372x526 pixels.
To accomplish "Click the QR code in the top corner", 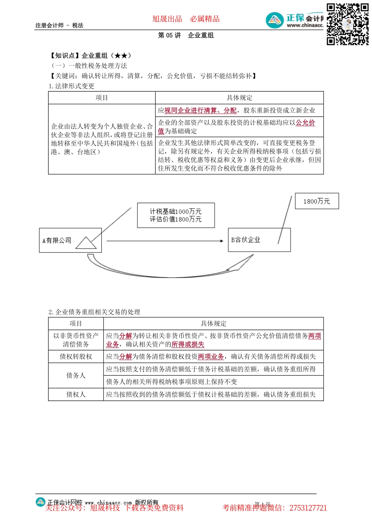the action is (x=347, y=24).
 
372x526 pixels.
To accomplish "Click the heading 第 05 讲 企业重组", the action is (x=186, y=35).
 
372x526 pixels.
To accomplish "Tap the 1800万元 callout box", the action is (x=316, y=201).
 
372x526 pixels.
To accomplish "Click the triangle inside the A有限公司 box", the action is (x=86, y=243).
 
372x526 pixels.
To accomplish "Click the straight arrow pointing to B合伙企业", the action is (x=164, y=241).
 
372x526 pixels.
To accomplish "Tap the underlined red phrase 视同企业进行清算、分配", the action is (x=200, y=110).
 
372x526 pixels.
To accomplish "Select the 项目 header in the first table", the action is (x=102, y=97).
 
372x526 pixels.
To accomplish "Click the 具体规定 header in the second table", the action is (x=213, y=323).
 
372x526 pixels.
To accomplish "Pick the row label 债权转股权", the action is (x=76, y=357).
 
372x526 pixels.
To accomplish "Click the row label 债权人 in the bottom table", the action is (x=76, y=394).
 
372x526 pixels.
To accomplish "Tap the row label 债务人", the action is (x=76, y=375).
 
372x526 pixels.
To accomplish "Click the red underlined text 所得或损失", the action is (x=188, y=344).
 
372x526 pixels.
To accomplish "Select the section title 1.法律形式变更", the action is (x=72, y=86).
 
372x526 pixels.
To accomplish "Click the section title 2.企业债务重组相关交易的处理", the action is (x=94, y=312).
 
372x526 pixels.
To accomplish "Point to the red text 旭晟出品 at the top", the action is (x=167, y=19).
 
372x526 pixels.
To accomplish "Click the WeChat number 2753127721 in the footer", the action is (x=308, y=508).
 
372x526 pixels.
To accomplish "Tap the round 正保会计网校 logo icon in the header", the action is (x=275, y=20).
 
